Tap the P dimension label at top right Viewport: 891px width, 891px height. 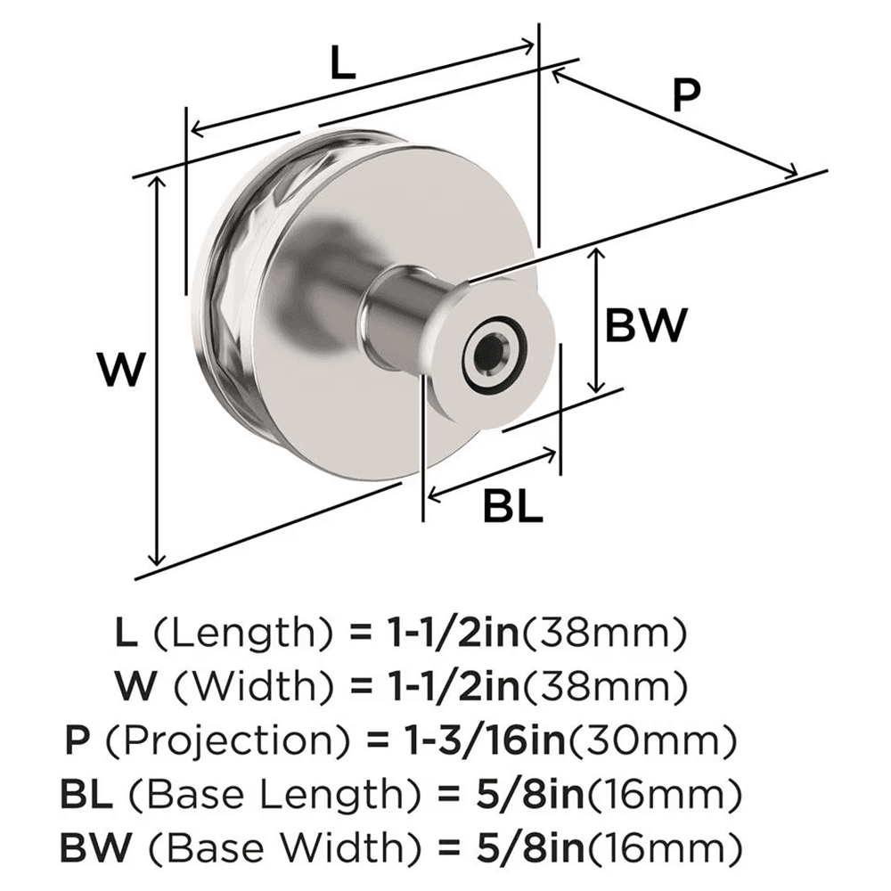coord(685,96)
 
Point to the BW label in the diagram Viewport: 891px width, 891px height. coord(646,325)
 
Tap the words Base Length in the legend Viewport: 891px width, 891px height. coord(292,791)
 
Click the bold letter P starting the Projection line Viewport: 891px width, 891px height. coord(77,740)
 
